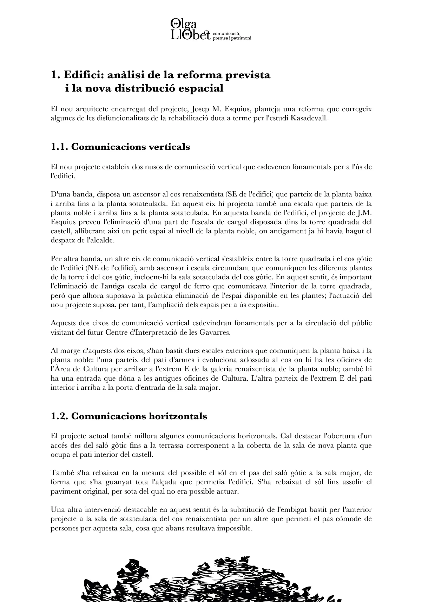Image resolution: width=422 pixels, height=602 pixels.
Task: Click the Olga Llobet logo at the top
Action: click(x=190, y=29)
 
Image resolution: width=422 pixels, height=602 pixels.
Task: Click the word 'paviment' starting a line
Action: click(x=64, y=491)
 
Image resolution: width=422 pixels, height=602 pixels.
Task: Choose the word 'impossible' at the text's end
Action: click(x=235, y=528)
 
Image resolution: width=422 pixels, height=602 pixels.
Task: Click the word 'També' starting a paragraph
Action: click(x=61, y=473)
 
